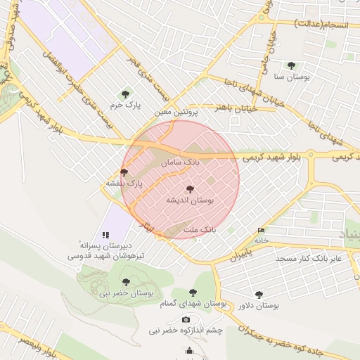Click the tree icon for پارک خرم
point(125,94)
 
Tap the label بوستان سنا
point(291,77)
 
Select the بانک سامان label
point(180,162)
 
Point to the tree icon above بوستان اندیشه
point(189,188)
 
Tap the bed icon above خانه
point(262,230)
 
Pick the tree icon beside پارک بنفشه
point(124,172)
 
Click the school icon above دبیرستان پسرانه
point(105,234)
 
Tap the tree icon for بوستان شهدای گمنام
point(193,292)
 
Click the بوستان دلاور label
point(259,306)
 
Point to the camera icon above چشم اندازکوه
point(186,320)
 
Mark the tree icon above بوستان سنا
point(291,65)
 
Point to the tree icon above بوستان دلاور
point(259,295)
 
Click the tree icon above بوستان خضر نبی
point(126,282)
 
